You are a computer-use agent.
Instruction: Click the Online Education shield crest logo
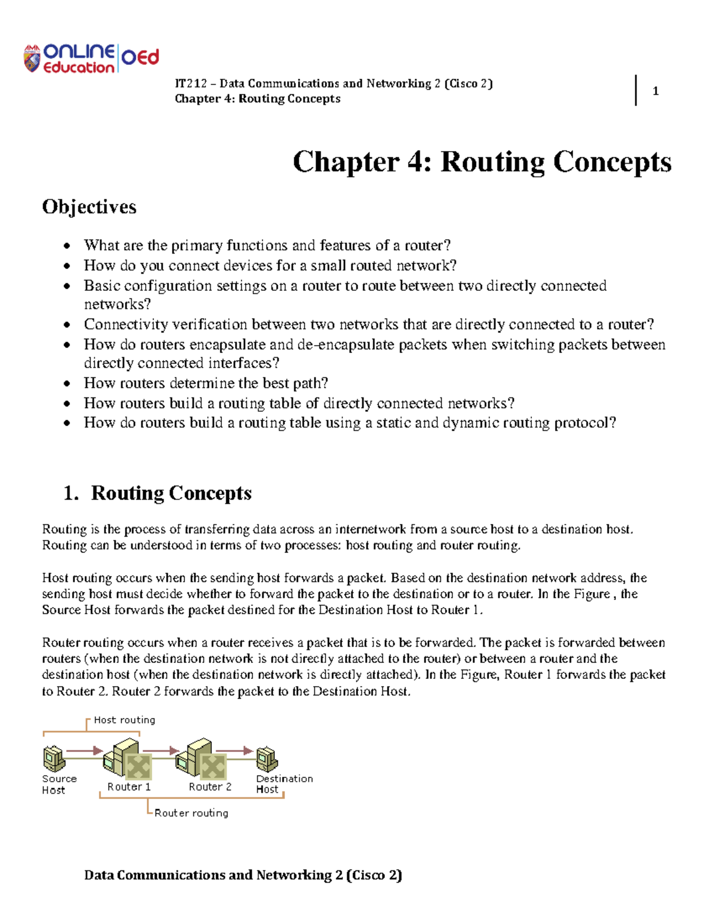tap(32, 59)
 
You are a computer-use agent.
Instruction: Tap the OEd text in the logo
tap(140, 57)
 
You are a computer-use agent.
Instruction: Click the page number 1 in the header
tap(655, 91)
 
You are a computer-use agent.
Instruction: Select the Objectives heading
tap(89, 206)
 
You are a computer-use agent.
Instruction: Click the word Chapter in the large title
tap(346, 162)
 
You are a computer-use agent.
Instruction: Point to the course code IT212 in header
tap(190, 83)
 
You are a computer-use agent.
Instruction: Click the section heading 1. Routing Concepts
tap(158, 493)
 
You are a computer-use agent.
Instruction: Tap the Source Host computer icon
tap(54, 759)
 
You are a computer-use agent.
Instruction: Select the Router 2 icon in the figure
tap(202, 760)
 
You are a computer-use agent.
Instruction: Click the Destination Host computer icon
tap(267, 759)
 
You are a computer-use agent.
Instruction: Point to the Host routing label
tap(124, 720)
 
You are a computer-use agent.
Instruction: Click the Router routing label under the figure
tap(191, 813)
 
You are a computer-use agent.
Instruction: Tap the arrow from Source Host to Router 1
tap(84, 751)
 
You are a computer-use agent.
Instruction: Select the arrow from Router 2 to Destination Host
tap(234, 751)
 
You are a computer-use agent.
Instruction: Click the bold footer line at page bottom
tap(243, 875)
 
